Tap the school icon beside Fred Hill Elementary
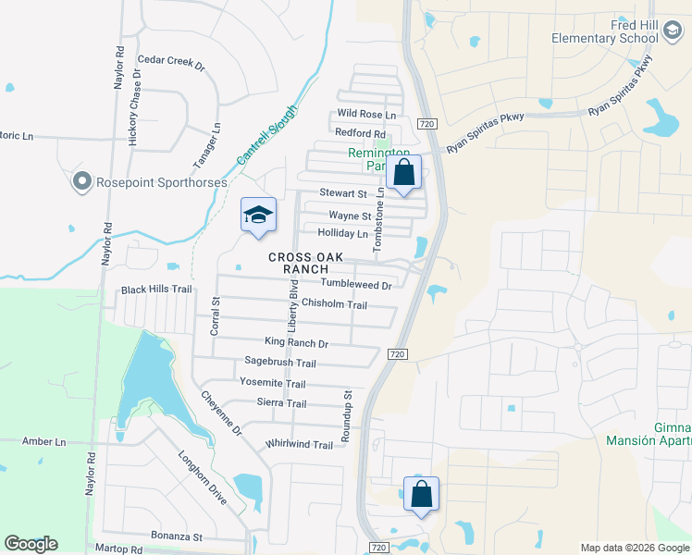(673, 34)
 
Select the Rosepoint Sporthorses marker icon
(81, 182)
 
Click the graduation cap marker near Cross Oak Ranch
(259, 216)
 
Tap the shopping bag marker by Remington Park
(403, 172)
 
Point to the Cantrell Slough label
(267, 135)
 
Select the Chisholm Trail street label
(334, 305)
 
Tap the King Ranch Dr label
(296, 343)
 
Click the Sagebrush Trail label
(280, 363)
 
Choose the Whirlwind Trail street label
(298, 445)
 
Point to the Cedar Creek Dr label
(170, 61)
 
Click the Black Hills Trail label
(156, 290)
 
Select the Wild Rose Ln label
(366, 115)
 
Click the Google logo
(31, 544)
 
